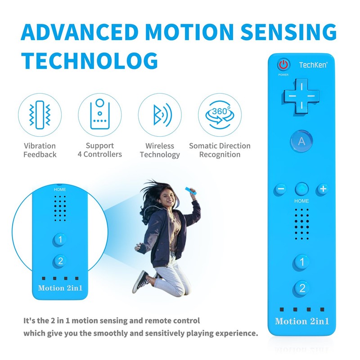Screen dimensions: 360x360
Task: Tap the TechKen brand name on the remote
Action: point(313,65)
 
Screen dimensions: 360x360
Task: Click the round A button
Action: point(301,141)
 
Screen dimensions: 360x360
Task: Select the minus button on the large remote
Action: point(280,189)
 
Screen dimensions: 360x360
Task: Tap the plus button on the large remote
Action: point(323,189)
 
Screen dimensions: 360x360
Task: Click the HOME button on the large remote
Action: point(301,189)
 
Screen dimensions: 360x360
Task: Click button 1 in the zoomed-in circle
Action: point(60,239)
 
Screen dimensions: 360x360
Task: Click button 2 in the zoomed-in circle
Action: point(60,261)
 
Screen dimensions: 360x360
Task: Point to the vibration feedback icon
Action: point(40,115)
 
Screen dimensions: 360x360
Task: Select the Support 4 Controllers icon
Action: point(99,115)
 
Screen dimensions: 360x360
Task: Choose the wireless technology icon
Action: point(160,115)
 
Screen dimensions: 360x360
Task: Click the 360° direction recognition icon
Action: point(220,115)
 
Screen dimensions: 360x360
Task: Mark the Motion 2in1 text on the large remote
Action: point(301,321)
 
